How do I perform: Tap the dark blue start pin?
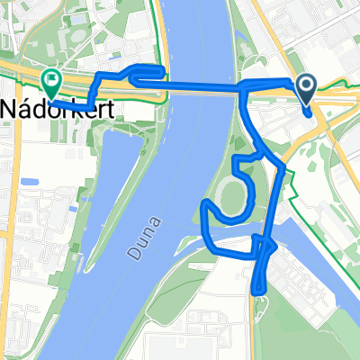306,87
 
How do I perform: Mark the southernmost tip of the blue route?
258,291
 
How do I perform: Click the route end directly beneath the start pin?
310,113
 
